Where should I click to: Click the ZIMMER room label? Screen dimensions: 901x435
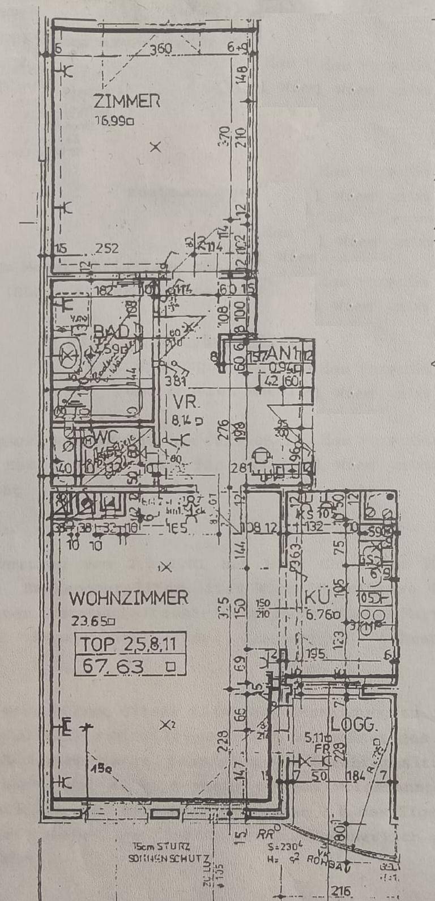pyautogui.click(x=126, y=101)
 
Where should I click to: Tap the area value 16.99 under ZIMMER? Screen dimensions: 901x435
pyautogui.click(x=113, y=120)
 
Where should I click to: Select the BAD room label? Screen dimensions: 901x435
pyautogui.click(x=112, y=331)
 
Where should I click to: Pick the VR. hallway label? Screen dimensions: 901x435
pyautogui.click(x=186, y=403)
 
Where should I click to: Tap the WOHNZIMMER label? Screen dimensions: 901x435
pyautogui.click(x=129, y=598)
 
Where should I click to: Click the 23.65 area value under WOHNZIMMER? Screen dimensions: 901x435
pyautogui.click(x=91, y=620)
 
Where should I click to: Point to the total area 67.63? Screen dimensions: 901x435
pyautogui.click(x=113, y=666)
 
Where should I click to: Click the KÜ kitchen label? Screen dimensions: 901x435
pyautogui.click(x=317, y=598)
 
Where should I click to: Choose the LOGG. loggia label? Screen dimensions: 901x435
pyautogui.click(x=354, y=724)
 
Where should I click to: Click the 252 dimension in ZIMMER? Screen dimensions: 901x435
pyautogui.click(x=107, y=248)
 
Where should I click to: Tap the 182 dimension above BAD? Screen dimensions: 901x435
pyautogui.click(x=105, y=291)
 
